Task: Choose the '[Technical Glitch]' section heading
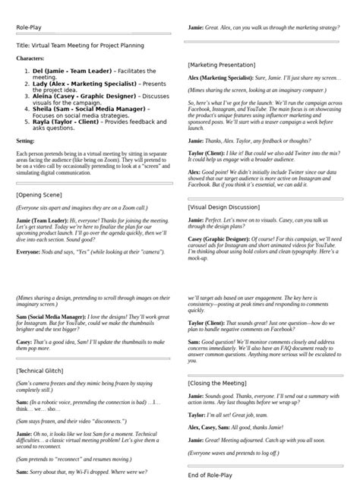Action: [x=43, y=371]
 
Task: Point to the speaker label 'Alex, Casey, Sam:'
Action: [x=210, y=428]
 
